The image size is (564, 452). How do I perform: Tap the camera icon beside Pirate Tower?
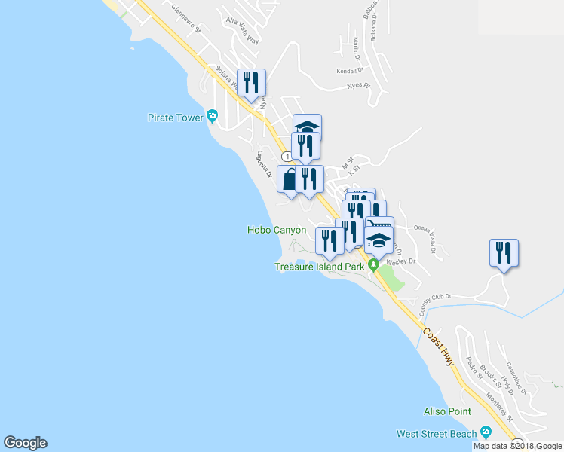pyautogui.click(x=213, y=116)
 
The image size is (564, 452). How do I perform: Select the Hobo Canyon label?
pyautogui.click(x=277, y=230)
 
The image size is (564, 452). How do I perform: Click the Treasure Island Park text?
pyautogui.click(x=319, y=267)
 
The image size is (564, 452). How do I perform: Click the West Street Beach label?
pyautogui.click(x=437, y=434)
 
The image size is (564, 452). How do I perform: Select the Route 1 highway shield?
pyautogui.click(x=287, y=156)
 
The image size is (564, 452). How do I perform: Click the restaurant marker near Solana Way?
pyautogui.click(x=251, y=82)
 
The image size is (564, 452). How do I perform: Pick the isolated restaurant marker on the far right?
pyautogui.click(x=503, y=253)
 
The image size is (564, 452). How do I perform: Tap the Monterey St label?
pyautogui.click(x=499, y=408)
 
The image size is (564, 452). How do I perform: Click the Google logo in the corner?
pyautogui.click(x=25, y=443)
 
